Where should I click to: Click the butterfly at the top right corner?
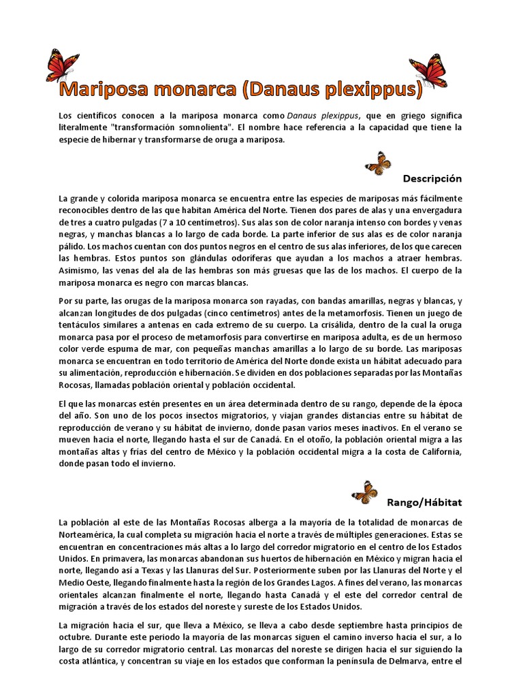428,69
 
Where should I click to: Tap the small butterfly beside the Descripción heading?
378,163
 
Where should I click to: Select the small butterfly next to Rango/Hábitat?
364,491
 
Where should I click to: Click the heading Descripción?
432,178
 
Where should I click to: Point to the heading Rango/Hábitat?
424,502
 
